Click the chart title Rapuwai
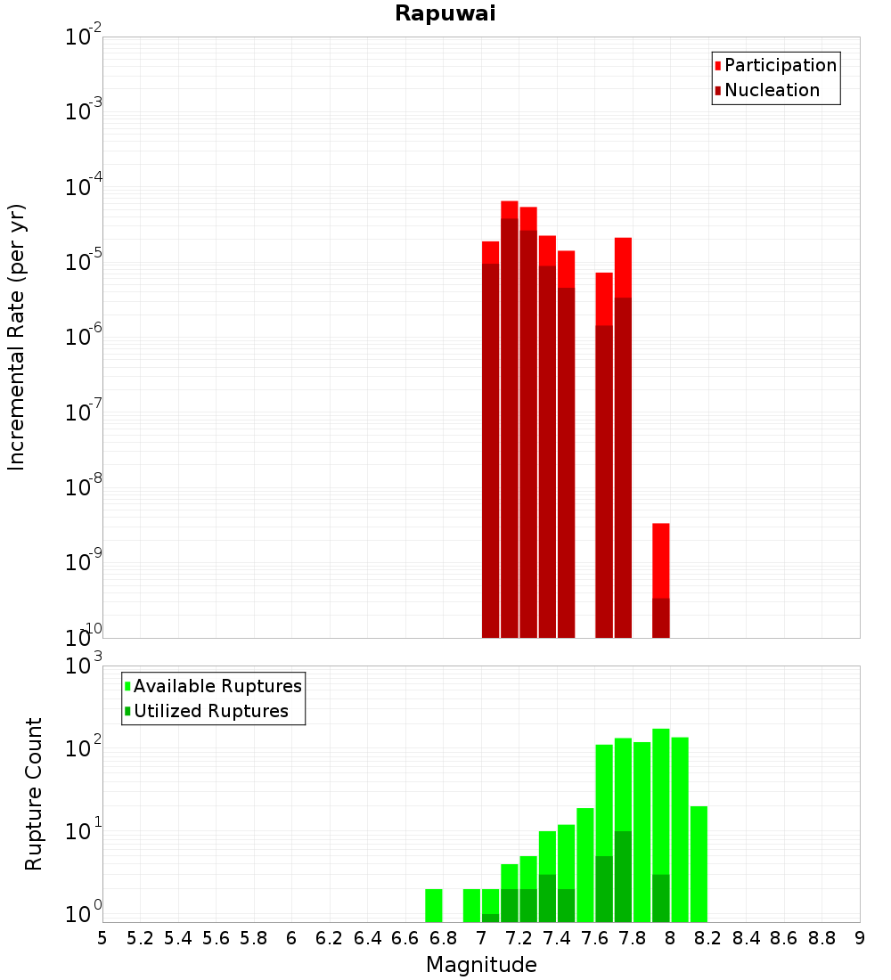445,13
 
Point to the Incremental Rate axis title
17,337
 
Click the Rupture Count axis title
34,793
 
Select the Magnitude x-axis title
481,965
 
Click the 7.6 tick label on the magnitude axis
595,938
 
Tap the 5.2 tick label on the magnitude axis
140,938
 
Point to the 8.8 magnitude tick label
822,938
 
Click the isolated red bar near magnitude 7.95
661,579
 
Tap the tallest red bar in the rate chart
510,419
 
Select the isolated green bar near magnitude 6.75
434,905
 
